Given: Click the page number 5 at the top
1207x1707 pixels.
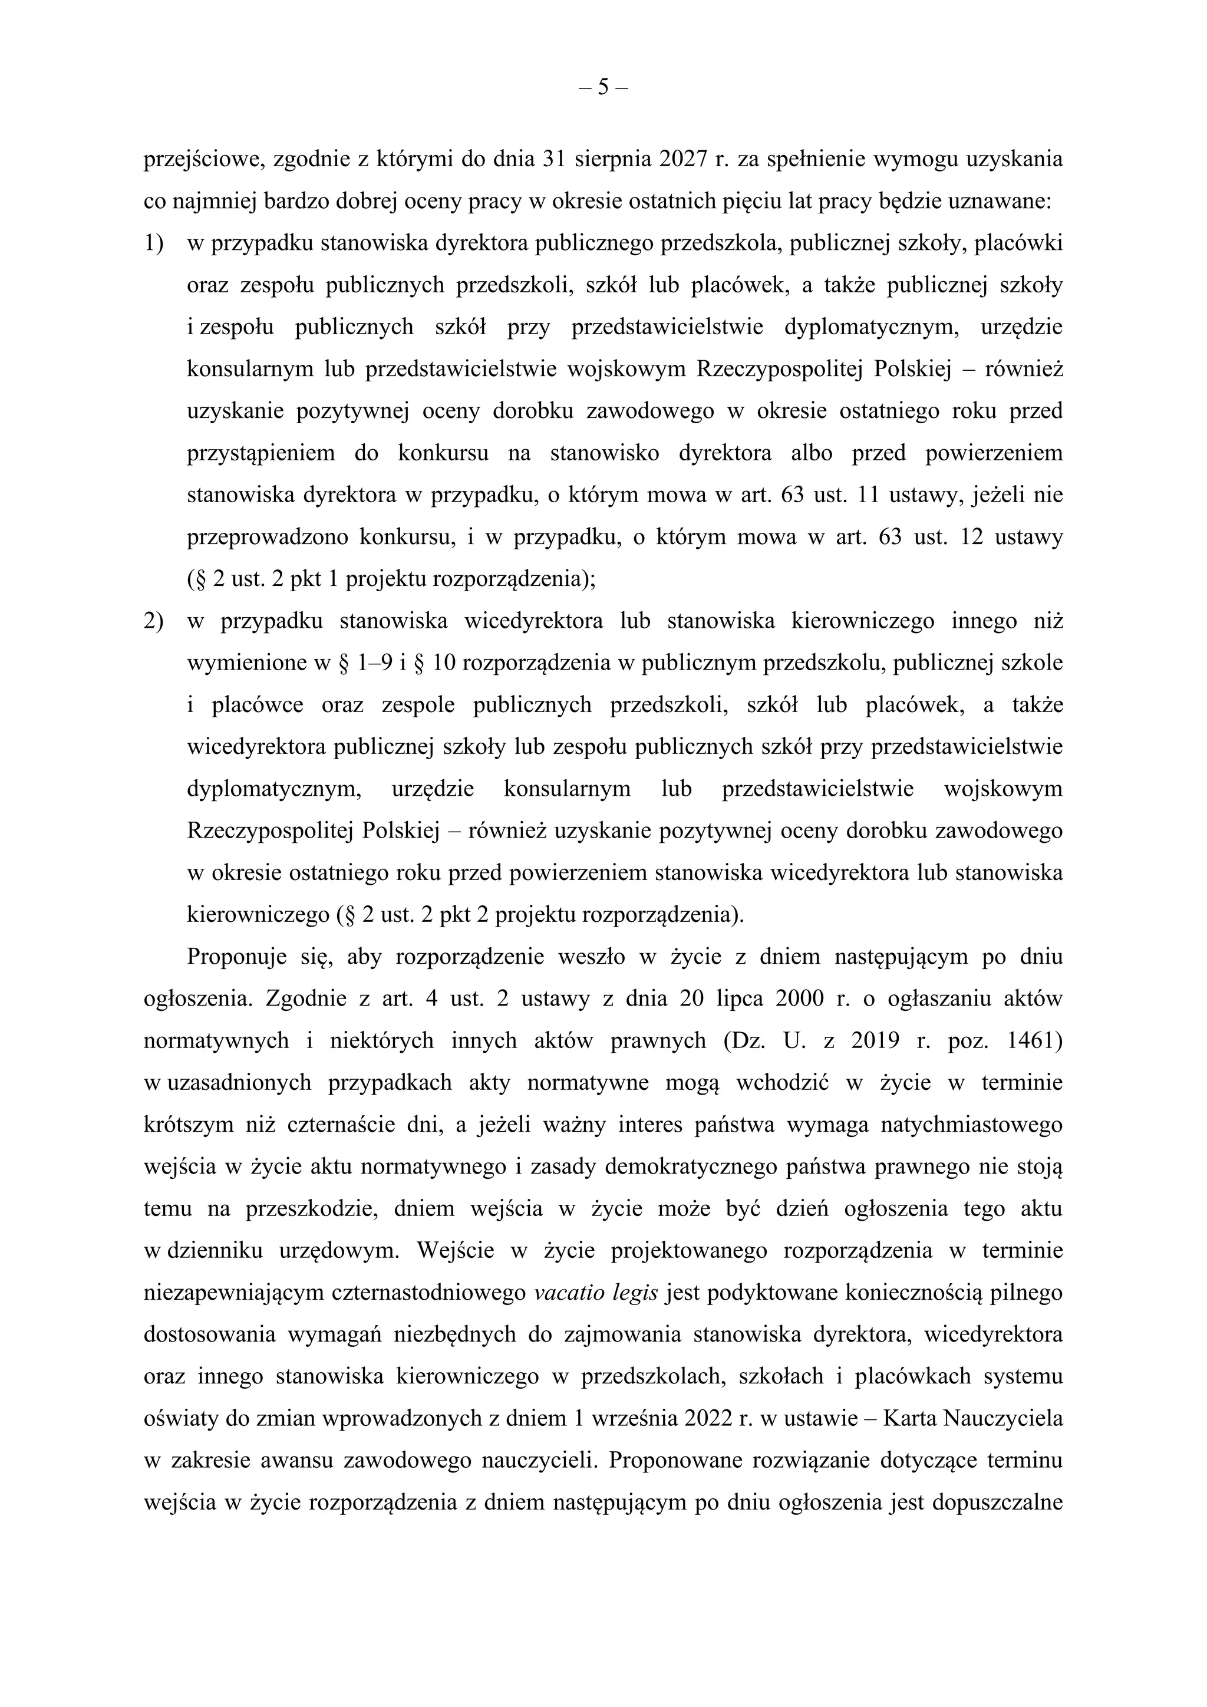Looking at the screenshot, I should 603,88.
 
